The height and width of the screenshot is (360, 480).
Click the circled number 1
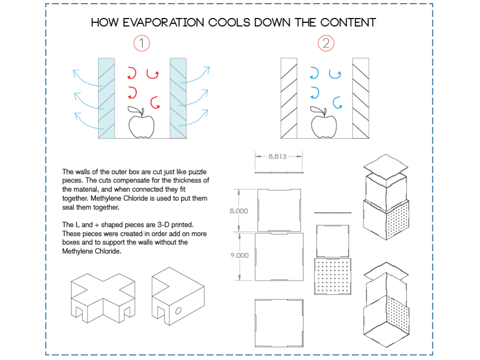coord(142,43)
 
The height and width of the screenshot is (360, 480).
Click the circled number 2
coord(326,43)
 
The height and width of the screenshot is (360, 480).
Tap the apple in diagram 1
coord(142,125)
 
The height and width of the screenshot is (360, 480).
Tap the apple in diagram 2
coord(324,125)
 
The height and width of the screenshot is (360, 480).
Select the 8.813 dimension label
coord(278,156)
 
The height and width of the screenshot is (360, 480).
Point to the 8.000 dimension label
coord(238,210)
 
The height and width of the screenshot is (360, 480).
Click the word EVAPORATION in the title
coord(165,23)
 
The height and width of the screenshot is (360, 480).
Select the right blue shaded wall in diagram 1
coord(178,98)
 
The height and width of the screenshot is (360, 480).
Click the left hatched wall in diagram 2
coord(289,98)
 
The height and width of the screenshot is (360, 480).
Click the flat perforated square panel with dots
coord(333,276)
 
